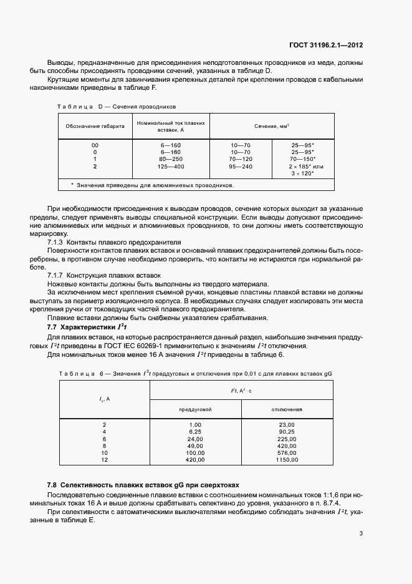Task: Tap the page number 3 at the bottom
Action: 361,533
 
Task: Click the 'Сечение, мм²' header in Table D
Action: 271,126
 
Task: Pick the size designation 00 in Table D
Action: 95,145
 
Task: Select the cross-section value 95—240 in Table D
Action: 241,167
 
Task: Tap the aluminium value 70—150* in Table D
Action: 302,159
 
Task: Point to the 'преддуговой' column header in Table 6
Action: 195,409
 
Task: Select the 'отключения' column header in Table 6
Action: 287,409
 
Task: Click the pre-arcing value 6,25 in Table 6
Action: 195,431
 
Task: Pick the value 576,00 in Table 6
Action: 287,452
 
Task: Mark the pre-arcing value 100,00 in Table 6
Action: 195,452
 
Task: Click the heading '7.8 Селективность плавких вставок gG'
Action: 143,485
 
